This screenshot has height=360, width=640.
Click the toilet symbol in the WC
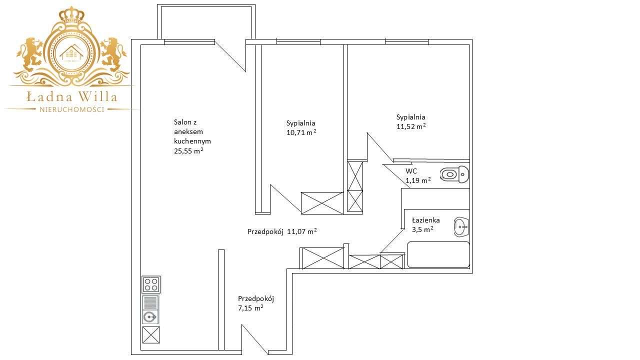[x=454, y=174]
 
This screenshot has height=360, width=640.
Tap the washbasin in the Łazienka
[x=461, y=226]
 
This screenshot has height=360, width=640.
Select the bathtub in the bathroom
[x=438, y=254]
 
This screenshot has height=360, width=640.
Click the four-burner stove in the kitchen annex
[x=151, y=284]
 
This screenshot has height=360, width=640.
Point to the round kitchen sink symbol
[x=149, y=316]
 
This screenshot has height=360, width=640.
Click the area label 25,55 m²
[x=188, y=150]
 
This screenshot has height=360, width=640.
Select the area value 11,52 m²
[x=411, y=126]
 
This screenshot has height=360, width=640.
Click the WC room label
[x=411, y=171]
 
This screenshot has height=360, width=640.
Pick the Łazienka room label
[x=425, y=220]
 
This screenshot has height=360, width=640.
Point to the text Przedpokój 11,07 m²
[x=282, y=231]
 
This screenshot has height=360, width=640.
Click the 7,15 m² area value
[x=251, y=308]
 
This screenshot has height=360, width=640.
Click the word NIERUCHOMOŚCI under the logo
[x=72, y=109]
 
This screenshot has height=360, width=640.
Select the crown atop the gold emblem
[x=72, y=14]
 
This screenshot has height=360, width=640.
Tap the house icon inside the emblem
[x=72, y=51]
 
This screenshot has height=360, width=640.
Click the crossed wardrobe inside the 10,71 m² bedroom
[x=322, y=202]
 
